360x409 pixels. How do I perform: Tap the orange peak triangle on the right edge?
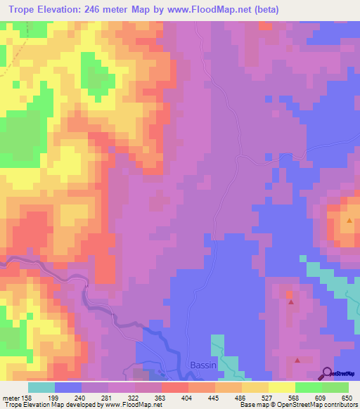click(349, 221)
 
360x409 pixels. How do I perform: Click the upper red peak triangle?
click(291, 302)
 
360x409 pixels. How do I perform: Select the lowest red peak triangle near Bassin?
click(297, 360)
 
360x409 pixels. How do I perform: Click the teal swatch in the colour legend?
click(41, 387)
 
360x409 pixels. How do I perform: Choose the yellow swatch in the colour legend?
click(282, 387)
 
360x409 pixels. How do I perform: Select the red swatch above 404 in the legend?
click(175, 387)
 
